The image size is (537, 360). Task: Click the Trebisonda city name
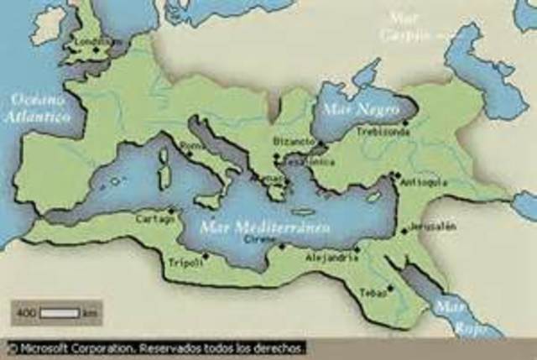(x=382, y=132)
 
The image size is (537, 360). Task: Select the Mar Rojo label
(x=453, y=317)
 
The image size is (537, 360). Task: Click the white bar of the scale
(x=60, y=312)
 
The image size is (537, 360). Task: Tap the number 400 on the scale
(x=26, y=313)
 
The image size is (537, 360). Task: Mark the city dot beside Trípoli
(x=206, y=256)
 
